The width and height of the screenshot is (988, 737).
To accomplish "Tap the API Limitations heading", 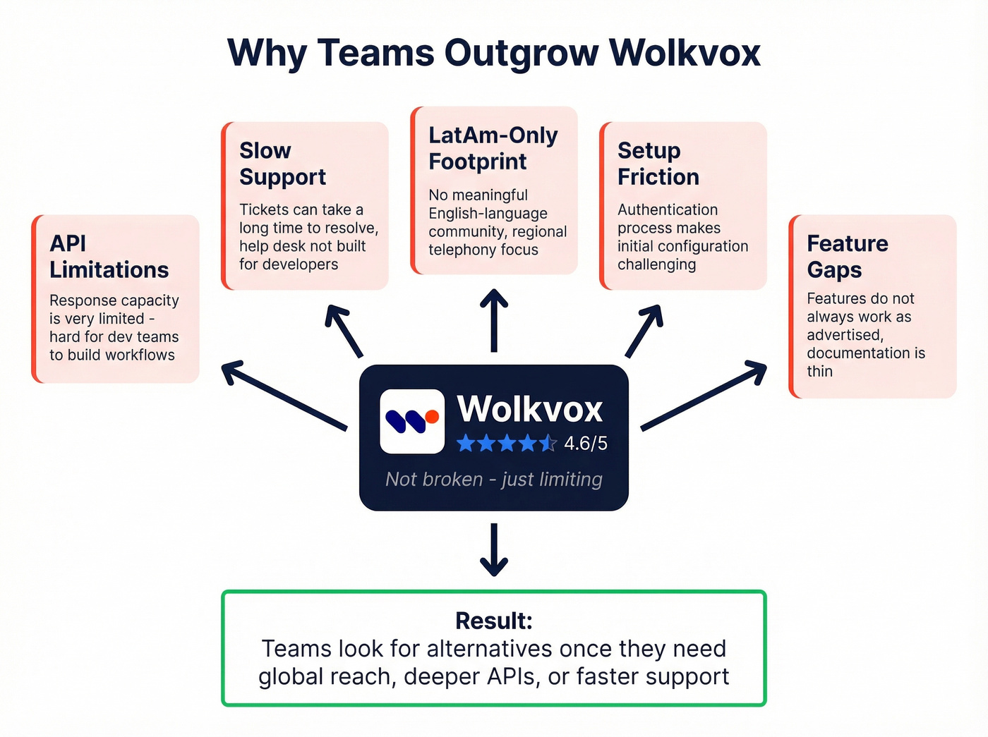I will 109,257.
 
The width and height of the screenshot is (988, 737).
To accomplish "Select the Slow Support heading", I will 282,164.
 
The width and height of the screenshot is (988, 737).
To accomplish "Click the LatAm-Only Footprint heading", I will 493,148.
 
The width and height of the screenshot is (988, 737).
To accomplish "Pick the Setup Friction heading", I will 658,164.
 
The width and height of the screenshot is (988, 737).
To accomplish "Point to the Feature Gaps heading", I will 847,257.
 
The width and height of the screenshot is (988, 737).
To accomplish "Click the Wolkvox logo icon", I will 412,421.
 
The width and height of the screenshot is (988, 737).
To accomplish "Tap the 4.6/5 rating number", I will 586,444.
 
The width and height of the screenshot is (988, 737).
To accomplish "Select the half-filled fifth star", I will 548,444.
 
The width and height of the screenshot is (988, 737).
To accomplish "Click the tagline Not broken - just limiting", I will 493,480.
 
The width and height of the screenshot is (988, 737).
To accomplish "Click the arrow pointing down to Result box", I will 493,550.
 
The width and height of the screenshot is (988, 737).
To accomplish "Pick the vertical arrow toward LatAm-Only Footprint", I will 493,320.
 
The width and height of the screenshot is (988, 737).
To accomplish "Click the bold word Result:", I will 493,621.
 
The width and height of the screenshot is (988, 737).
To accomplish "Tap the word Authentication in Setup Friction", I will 667,210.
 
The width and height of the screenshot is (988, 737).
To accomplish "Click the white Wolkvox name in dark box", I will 529,409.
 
